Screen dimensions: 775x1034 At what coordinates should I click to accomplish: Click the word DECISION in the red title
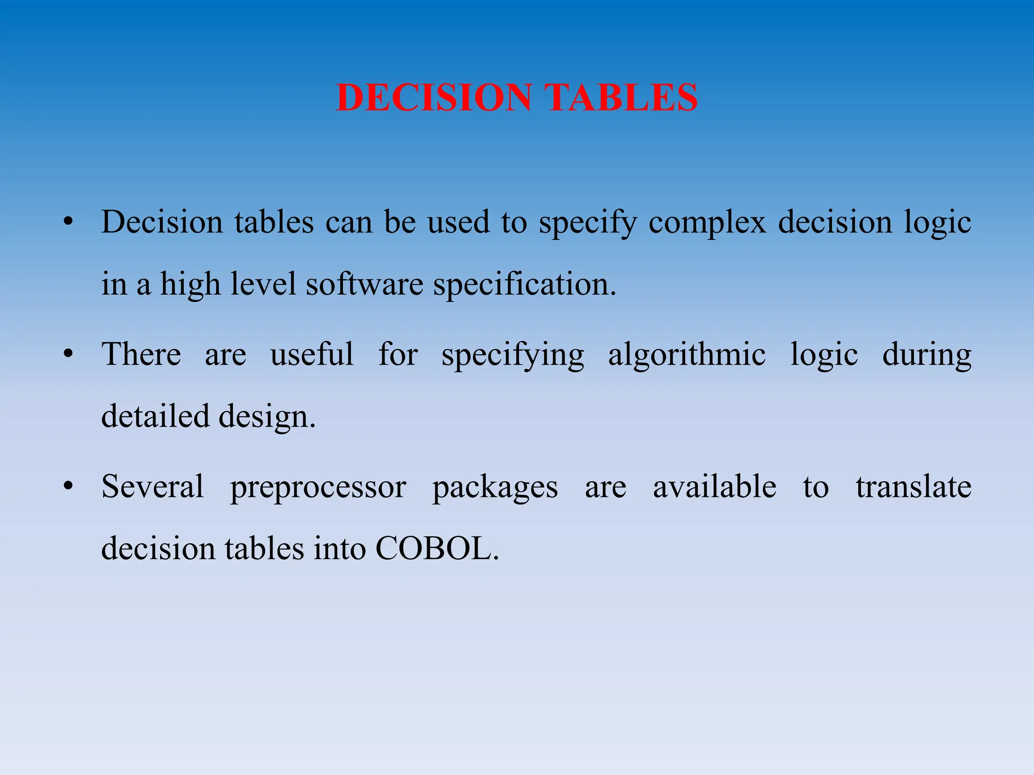[x=434, y=97]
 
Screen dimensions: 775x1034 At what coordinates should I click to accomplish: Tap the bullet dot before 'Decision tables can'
[x=69, y=222]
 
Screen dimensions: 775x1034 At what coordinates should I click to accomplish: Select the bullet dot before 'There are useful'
[x=69, y=354]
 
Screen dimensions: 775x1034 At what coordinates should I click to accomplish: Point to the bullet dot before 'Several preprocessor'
[x=69, y=486]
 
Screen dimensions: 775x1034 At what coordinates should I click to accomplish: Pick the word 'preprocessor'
[x=318, y=487]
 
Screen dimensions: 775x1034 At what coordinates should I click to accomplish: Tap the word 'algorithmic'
[x=687, y=355]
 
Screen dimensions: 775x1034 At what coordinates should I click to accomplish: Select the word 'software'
[x=365, y=284]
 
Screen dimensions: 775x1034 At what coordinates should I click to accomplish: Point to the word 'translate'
[x=913, y=487]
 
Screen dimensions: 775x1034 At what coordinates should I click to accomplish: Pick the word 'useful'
[x=312, y=354]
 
